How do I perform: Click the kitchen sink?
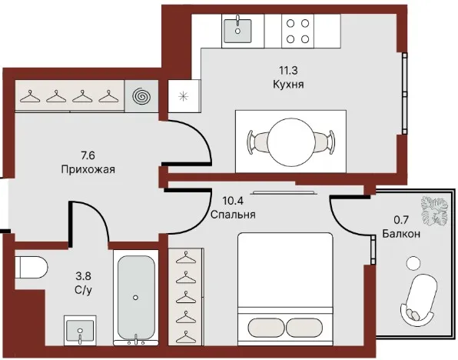(x=237, y=31)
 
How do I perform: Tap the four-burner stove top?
(x=297, y=31)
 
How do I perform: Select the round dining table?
(x=290, y=142)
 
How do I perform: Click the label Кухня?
(x=288, y=84)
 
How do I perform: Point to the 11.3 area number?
(x=288, y=70)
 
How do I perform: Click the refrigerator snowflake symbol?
(x=183, y=96)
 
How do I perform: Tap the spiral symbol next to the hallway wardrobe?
(x=141, y=96)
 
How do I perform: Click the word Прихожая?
(x=88, y=169)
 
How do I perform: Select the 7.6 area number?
(x=88, y=155)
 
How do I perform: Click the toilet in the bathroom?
(x=31, y=267)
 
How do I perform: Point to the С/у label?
(x=83, y=291)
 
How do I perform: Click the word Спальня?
(x=233, y=215)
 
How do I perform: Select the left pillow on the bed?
(x=266, y=327)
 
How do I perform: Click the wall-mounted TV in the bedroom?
(x=284, y=192)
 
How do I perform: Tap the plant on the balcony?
(x=434, y=211)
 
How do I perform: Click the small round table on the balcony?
(x=413, y=263)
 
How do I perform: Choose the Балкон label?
(x=401, y=234)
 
